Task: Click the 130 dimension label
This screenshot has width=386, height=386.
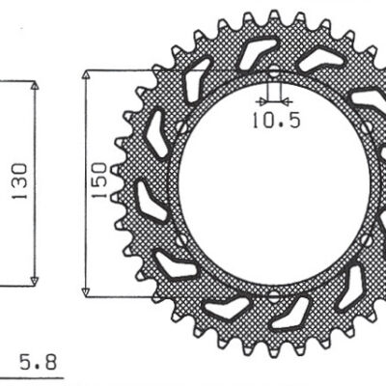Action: [19, 181]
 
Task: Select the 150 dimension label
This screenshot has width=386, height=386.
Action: [100, 181]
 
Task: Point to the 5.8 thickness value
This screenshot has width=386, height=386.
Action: [39, 364]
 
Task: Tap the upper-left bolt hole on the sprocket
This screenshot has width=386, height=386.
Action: [181, 125]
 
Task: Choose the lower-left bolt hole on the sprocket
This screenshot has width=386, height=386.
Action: [181, 238]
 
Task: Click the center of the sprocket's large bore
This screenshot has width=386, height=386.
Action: [273, 182]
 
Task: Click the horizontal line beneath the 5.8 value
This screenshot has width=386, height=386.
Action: [39, 377]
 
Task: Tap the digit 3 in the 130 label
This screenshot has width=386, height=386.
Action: [19, 181]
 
